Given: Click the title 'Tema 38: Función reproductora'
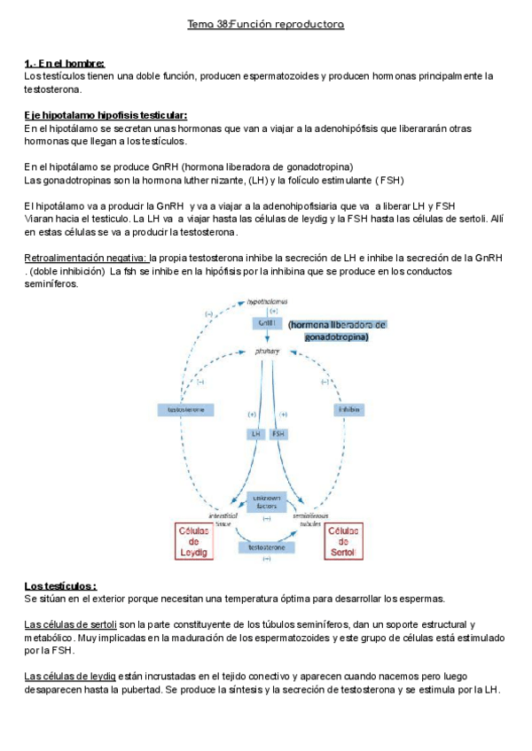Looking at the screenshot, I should (x=265, y=24).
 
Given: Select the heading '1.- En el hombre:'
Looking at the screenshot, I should (x=65, y=63).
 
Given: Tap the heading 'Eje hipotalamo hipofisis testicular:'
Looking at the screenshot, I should (x=106, y=115).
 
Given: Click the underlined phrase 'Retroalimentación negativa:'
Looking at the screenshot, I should (x=85, y=258).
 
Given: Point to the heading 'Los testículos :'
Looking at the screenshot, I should (x=60, y=586).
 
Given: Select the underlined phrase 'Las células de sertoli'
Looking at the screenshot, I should (x=74, y=624).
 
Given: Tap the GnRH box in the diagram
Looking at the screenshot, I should (x=268, y=324).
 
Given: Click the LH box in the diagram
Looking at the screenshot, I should (x=255, y=434).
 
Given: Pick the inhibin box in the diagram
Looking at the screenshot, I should (x=348, y=409).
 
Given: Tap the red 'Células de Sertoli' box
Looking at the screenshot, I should (x=340, y=540).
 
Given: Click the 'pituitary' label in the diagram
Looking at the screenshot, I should (x=268, y=352).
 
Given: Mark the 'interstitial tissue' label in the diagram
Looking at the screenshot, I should (x=221, y=519).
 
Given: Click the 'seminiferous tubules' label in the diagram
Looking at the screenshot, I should (x=311, y=519).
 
